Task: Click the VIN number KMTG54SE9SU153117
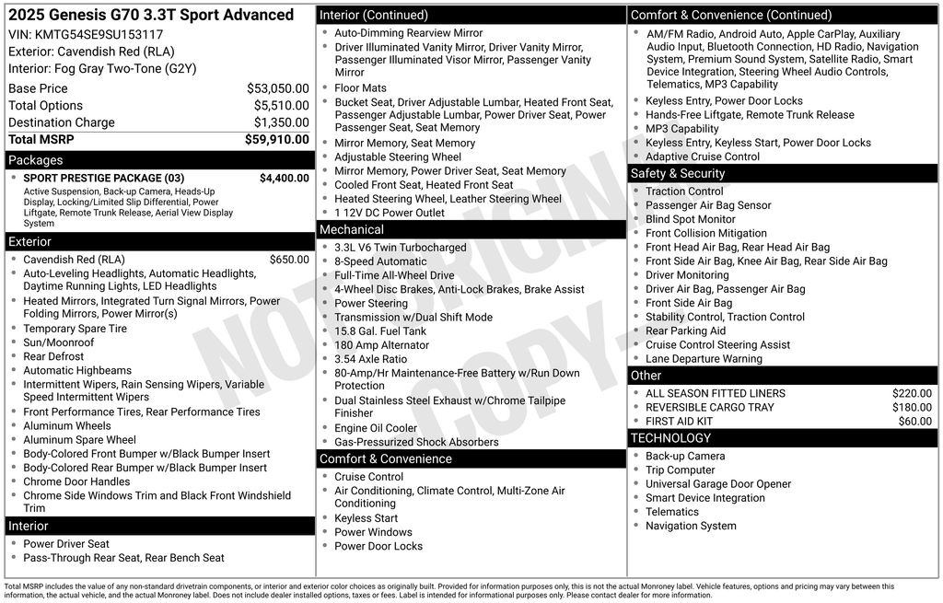coord(99,34)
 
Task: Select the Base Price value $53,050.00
coord(277,88)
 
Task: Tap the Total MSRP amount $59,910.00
coord(276,140)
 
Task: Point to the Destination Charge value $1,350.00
coord(281,122)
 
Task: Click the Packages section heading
coord(36,160)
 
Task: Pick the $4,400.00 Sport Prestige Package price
coord(284,179)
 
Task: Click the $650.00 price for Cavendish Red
coord(289,260)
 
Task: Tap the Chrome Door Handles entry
coord(76,481)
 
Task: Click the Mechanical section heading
coord(352,229)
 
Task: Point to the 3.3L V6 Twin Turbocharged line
coord(401,248)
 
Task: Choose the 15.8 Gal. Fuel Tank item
coord(380,331)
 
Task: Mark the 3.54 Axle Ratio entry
coord(370,359)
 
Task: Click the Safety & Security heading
coord(678,173)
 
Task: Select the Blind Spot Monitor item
coord(691,219)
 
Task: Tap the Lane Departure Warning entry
coord(704,359)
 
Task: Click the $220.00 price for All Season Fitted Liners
coord(912,393)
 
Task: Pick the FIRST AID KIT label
coord(679,421)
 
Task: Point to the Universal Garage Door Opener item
coord(718,484)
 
